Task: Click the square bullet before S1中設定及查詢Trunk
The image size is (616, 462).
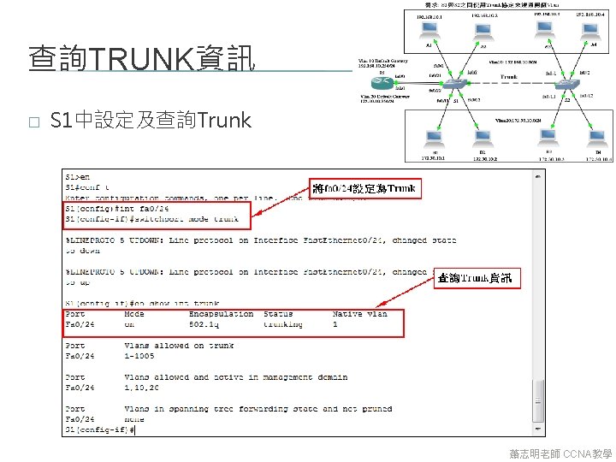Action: tap(33, 121)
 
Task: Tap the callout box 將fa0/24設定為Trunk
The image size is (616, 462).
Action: tap(364, 188)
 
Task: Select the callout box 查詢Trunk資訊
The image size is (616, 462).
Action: tap(475, 278)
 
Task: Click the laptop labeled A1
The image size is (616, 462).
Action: tap(429, 33)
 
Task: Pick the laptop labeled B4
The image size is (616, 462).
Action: tap(597, 139)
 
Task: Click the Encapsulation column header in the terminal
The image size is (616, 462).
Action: tap(221, 314)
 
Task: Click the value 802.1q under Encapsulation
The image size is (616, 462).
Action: tap(205, 324)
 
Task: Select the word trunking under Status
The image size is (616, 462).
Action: tap(282, 324)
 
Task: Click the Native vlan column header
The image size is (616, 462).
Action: tap(359, 314)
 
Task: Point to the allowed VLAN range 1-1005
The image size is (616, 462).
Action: tap(139, 356)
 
